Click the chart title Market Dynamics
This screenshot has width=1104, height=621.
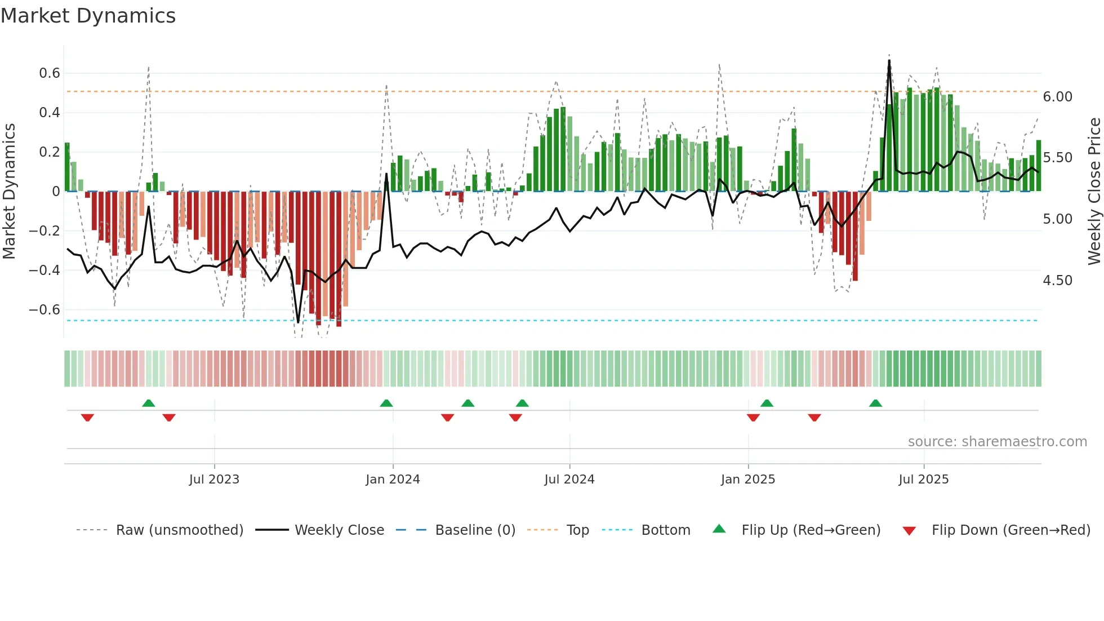point(88,16)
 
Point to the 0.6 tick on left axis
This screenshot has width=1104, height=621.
point(50,73)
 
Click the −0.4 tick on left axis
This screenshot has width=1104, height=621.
point(44,270)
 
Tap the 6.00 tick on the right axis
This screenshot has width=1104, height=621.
point(1057,97)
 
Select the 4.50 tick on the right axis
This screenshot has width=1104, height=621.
point(1057,281)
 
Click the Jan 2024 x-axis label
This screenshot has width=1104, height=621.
point(393,480)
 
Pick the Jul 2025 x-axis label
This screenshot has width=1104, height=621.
point(923,480)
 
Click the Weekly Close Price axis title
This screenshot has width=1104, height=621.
point(1094,191)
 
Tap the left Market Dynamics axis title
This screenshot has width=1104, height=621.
point(9,191)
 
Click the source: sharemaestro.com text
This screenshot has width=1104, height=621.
point(997,442)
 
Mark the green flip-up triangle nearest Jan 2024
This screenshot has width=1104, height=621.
point(386,403)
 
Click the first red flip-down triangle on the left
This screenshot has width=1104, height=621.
point(87,418)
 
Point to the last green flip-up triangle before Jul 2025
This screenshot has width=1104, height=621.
point(875,403)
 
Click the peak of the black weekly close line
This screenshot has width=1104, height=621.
point(889,61)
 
